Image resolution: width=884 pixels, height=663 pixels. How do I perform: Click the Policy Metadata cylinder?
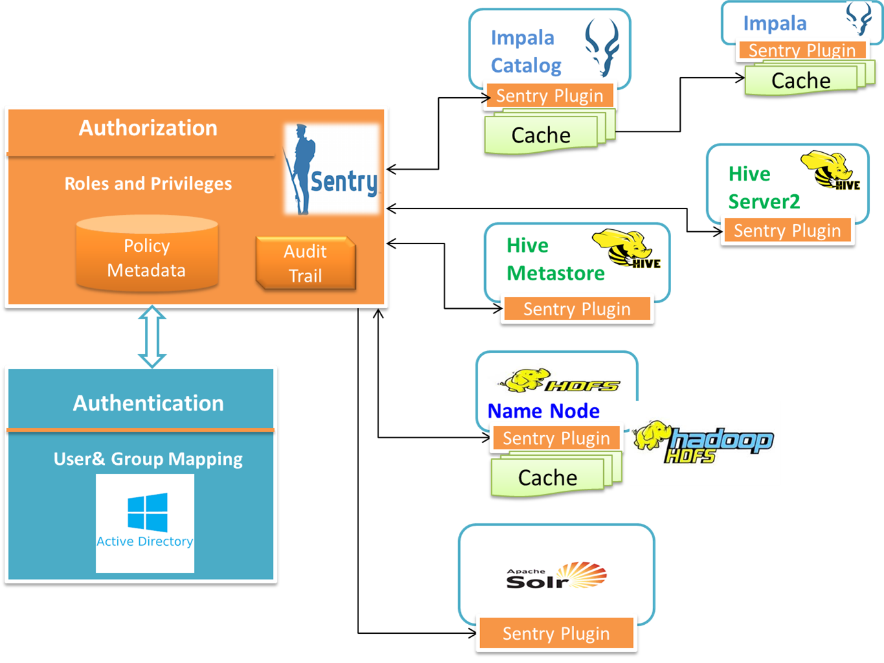(x=147, y=254)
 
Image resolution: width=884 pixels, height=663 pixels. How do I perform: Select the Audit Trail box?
(x=305, y=264)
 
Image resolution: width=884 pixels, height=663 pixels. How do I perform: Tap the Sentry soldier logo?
(x=331, y=170)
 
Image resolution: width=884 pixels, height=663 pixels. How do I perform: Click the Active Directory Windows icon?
(x=147, y=513)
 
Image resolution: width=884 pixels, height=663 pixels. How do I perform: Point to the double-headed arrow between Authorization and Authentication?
(x=152, y=337)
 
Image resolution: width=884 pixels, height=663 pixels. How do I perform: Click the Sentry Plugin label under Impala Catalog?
(x=549, y=96)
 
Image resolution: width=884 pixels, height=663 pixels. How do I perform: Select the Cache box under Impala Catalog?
(x=541, y=135)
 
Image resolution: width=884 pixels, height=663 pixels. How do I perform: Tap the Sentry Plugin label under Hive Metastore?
(x=577, y=309)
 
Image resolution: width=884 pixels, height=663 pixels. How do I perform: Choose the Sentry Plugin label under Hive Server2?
(x=787, y=230)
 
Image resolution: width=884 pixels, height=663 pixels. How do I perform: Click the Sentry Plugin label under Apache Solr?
(x=556, y=633)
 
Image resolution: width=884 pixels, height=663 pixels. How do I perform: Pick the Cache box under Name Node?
(x=547, y=478)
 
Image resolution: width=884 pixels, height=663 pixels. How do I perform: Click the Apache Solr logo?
(x=557, y=576)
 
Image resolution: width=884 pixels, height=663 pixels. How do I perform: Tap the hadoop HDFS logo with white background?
(x=705, y=443)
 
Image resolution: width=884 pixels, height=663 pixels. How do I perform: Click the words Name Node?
(x=544, y=411)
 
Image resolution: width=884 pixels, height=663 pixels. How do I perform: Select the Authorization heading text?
(x=148, y=128)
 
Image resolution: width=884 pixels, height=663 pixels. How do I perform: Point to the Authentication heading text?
(x=148, y=403)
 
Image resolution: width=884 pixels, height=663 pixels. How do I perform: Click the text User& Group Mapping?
(x=148, y=459)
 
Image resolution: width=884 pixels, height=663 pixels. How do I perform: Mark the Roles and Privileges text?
(x=148, y=184)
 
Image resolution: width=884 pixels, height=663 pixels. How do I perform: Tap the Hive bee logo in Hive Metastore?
(x=626, y=249)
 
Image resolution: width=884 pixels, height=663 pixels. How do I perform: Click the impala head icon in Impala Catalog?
(x=602, y=47)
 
